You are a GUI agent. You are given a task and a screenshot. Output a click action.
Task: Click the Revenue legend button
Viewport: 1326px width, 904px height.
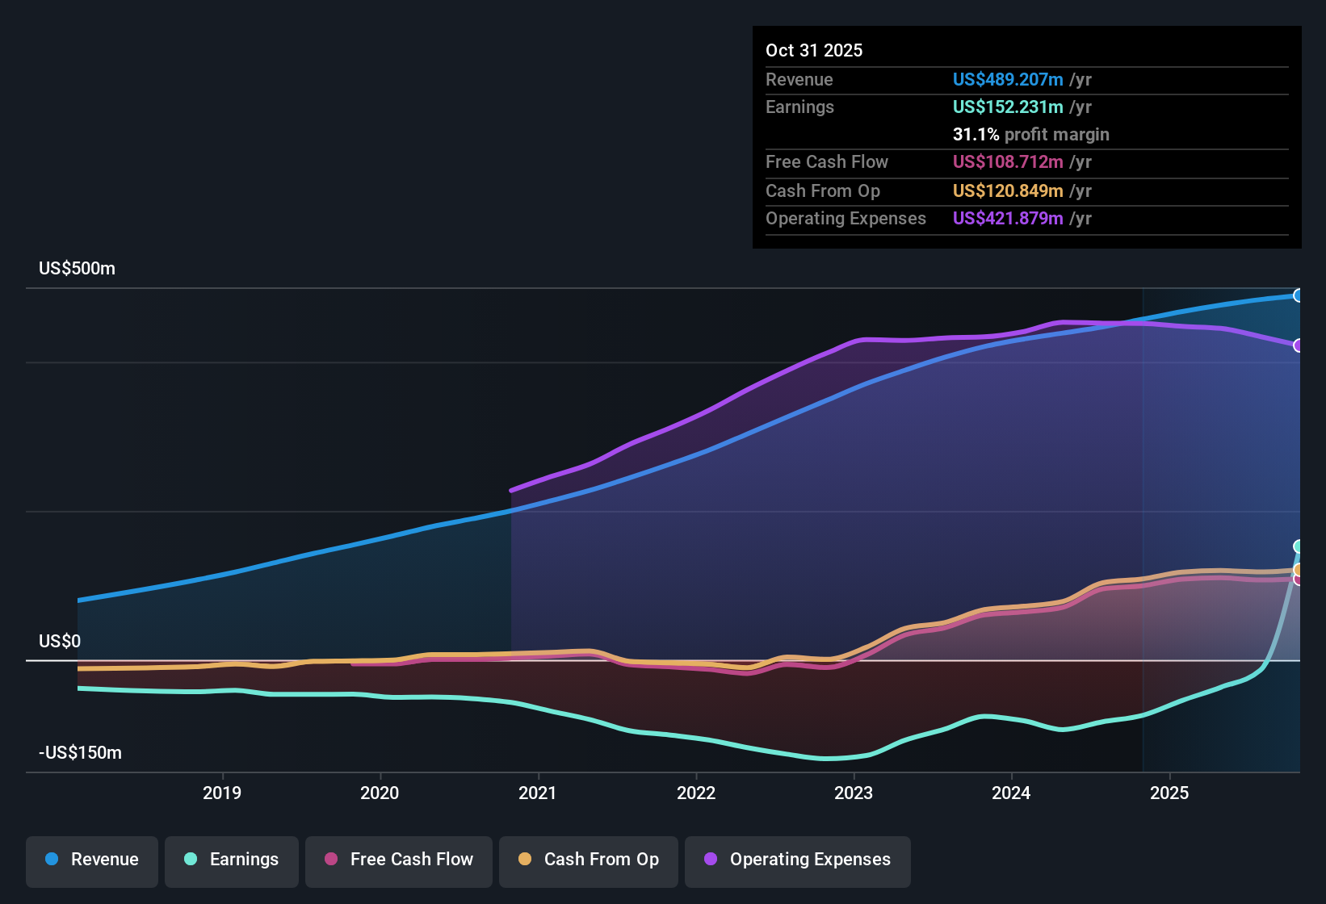92,860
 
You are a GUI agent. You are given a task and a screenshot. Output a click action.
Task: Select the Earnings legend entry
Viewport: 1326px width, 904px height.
232,860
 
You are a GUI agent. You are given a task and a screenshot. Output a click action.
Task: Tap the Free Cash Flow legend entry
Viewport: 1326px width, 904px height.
399,860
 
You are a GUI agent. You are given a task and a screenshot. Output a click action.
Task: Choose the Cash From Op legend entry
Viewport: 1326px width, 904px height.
589,860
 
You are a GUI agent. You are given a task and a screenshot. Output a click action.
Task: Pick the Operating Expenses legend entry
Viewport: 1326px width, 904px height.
798,860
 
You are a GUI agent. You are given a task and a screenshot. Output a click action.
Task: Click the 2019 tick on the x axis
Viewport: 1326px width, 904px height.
222,793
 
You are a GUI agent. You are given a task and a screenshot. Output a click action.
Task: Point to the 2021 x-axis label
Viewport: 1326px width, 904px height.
538,793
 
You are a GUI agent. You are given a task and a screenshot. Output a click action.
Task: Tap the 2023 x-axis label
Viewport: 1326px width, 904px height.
854,793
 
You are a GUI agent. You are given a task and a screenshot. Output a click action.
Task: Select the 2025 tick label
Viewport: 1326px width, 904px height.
1169,793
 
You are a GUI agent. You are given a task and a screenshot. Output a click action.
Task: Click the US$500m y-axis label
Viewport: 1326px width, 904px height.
77,269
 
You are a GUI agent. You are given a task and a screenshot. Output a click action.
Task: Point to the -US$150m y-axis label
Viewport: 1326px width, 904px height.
80,753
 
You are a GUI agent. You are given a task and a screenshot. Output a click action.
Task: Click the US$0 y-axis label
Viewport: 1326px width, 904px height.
60,642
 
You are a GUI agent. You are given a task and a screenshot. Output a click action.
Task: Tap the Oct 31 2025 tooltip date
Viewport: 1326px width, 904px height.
814,51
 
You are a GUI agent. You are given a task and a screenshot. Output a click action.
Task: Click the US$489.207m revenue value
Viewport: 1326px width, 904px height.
1007,80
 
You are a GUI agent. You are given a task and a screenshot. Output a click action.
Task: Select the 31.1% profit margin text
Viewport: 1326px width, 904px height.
1030,135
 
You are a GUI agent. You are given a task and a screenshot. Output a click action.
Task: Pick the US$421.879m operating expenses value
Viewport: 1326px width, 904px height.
1007,219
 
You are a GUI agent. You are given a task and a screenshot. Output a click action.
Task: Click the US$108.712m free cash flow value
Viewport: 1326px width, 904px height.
1007,162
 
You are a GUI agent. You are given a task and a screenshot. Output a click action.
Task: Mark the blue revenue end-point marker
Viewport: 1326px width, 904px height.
1298,295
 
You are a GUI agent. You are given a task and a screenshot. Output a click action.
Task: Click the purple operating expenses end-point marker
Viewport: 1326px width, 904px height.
1298,345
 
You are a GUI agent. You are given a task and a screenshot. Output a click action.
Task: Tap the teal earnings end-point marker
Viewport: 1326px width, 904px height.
1298,546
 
